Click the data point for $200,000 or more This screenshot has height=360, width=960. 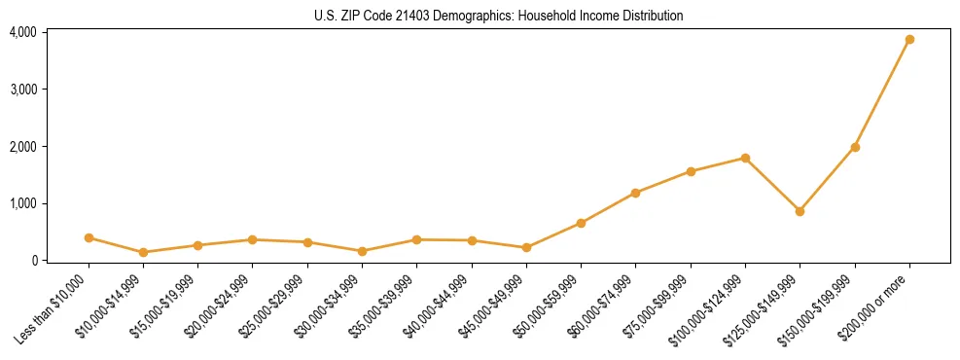(909, 40)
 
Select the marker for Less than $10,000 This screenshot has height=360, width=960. (89, 237)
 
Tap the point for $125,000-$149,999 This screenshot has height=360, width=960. (800, 211)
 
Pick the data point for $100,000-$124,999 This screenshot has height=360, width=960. (745, 158)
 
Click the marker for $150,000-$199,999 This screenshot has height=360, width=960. (855, 147)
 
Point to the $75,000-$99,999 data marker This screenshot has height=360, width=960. (691, 171)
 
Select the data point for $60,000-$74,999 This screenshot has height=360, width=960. (635, 193)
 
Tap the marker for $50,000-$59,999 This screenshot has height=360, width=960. (581, 223)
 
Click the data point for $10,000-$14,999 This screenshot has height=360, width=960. (143, 252)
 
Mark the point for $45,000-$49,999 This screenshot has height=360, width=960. (526, 247)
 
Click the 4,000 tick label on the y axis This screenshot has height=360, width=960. (23, 32)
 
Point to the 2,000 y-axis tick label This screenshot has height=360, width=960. (23, 147)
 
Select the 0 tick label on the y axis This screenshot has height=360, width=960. (33, 261)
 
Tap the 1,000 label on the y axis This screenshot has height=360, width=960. (23, 203)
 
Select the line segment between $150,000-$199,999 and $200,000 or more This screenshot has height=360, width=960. (882, 93)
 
